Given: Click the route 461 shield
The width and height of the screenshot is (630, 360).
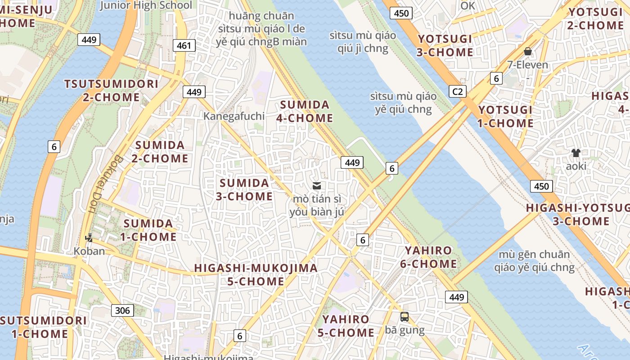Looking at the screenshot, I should click(x=184, y=45).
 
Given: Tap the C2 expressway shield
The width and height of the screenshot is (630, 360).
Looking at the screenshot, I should click(x=457, y=92).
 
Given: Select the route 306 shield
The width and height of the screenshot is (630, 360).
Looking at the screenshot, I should click(x=122, y=310).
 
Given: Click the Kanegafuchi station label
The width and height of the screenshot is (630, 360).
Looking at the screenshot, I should click(x=234, y=116).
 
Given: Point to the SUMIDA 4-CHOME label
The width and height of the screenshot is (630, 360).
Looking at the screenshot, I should click(x=306, y=112).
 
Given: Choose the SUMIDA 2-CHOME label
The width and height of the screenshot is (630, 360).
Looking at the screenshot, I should click(x=160, y=152).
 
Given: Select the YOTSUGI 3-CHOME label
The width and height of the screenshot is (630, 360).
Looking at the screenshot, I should click(x=445, y=45).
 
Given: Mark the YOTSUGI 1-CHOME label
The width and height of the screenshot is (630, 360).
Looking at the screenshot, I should click(x=506, y=117).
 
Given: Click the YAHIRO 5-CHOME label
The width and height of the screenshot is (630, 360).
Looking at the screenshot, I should click(x=346, y=326).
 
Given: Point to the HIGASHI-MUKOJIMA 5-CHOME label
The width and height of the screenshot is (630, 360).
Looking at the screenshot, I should click(x=256, y=274).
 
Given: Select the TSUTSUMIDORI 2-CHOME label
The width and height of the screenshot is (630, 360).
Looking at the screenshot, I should click(x=111, y=90).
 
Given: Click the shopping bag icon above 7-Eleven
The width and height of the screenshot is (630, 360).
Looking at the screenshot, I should click(x=528, y=52).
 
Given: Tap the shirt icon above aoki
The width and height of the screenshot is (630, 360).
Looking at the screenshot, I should click(x=576, y=153).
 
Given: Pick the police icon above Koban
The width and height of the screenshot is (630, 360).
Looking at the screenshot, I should click(x=89, y=238).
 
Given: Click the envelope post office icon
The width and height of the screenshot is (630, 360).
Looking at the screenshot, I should click(x=317, y=185).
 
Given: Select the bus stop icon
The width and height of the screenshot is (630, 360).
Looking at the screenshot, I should click(x=405, y=317).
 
